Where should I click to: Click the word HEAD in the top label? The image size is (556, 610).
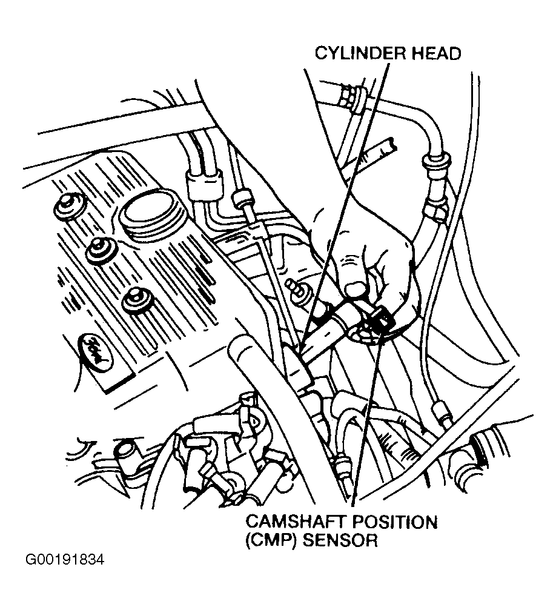[x=435, y=53]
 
